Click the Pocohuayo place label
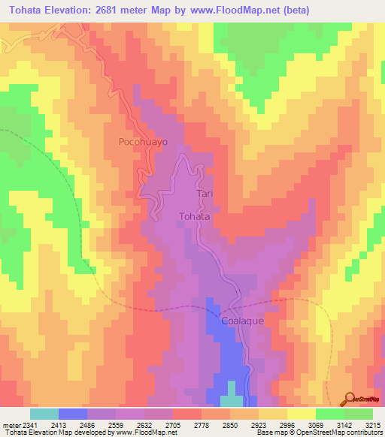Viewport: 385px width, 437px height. (142, 140)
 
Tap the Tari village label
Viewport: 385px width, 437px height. (206, 194)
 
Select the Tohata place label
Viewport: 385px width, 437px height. (193, 216)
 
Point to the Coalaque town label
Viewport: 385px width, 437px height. (242, 320)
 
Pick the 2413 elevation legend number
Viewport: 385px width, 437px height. (58, 423)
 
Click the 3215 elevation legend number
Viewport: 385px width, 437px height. (372, 423)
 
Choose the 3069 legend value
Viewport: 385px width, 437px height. (315, 423)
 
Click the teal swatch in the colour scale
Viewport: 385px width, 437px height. (44, 414)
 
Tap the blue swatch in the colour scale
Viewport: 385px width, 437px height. (73, 414)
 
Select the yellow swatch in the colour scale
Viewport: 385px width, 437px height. (302, 414)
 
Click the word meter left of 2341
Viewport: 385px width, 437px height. (10, 423)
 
